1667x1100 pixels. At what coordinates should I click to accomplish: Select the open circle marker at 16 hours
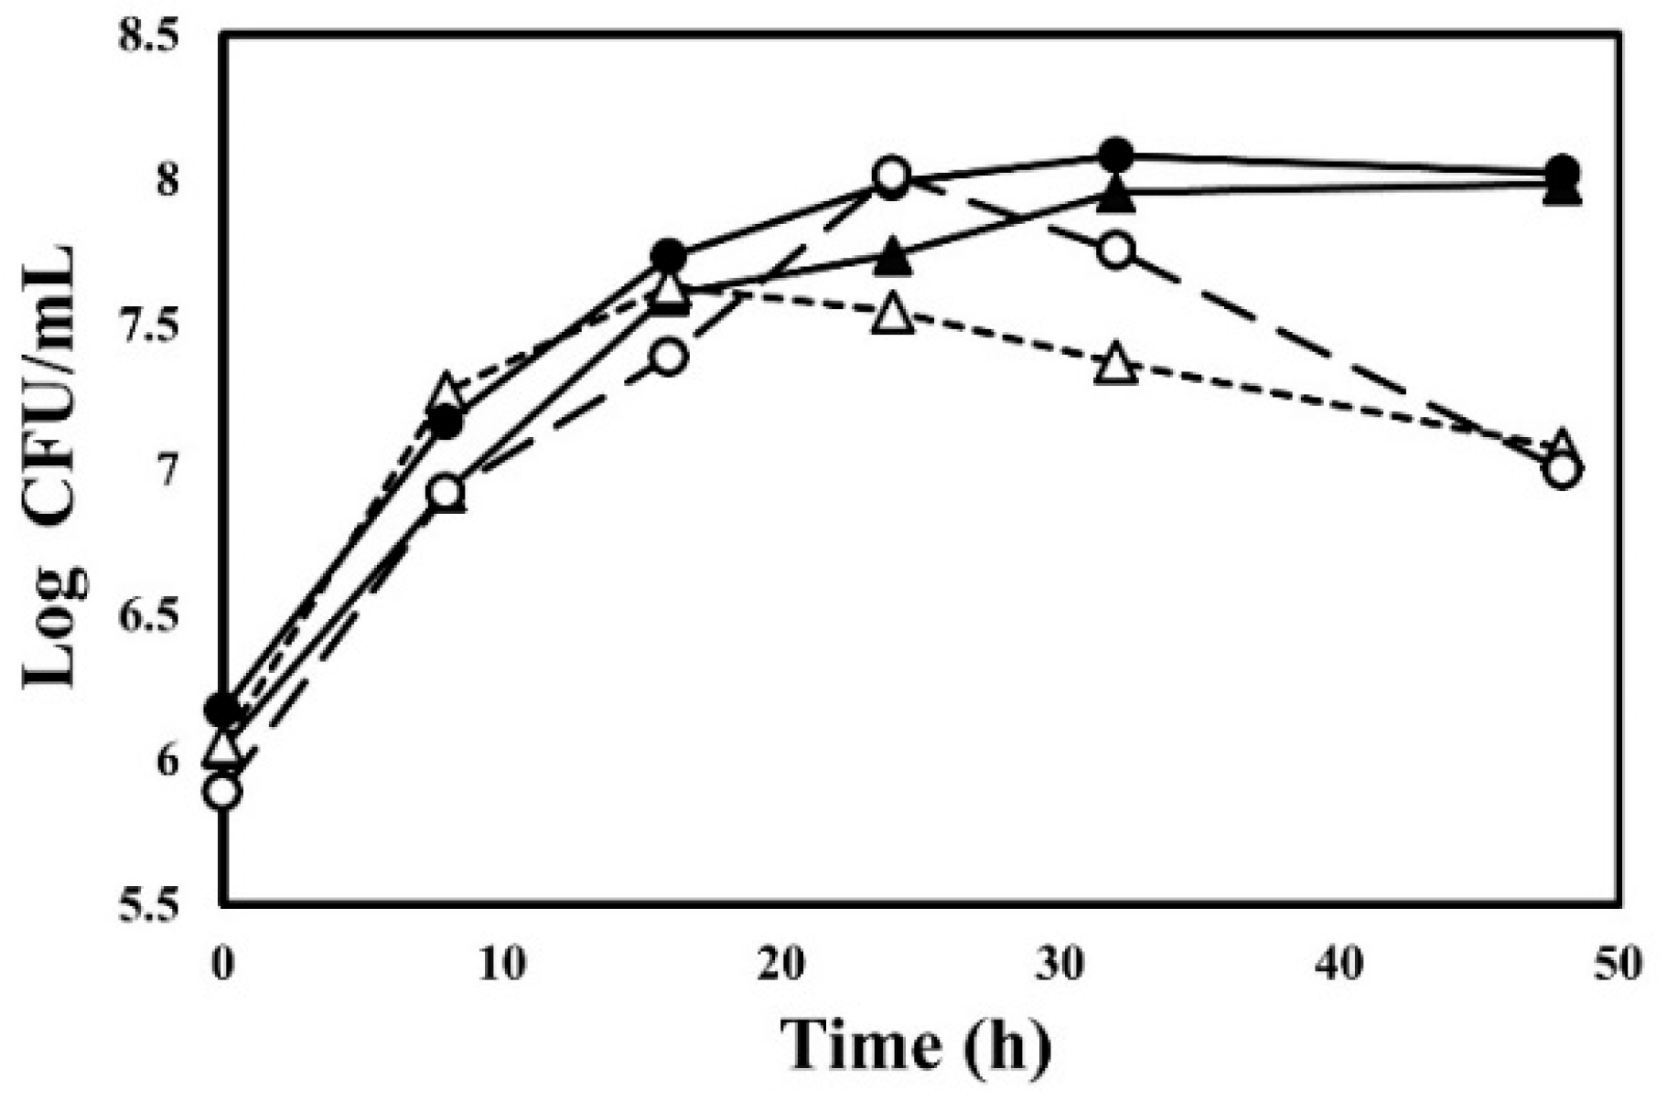pos(669,357)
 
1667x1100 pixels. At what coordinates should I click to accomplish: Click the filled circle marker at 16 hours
pos(669,255)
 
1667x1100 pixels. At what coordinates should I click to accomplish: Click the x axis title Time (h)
pos(915,1043)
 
